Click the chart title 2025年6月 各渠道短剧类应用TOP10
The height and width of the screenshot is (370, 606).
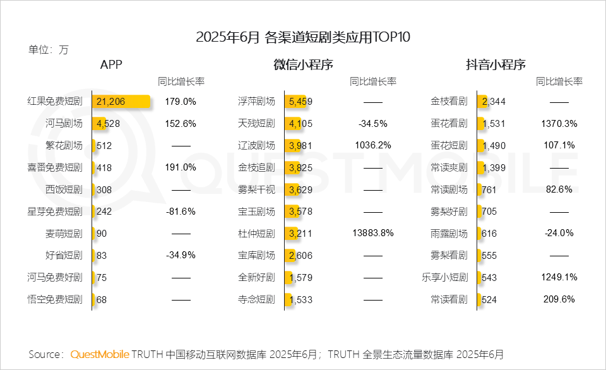click(x=303, y=37)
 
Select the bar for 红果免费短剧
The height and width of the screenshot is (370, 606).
click(x=122, y=102)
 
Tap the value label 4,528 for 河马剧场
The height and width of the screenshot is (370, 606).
click(x=108, y=124)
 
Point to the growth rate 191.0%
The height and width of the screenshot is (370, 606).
click(x=181, y=167)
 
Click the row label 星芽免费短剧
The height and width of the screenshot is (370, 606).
click(x=55, y=212)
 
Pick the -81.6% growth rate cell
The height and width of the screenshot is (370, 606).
click(x=181, y=212)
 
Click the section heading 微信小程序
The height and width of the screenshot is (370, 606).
click(x=303, y=64)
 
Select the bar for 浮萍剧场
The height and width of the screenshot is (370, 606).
click(x=298, y=102)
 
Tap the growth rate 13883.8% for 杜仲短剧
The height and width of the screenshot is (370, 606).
click(x=373, y=233)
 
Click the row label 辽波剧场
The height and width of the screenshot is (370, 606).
click(x=256, y=145)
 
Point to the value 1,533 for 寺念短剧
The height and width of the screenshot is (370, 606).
click(x=300, y=300)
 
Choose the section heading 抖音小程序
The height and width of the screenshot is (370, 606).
click(x=496, y=64)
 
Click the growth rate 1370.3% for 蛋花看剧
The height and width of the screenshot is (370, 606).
click(x=559, y=124)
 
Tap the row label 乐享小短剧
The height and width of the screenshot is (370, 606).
click(x=444, y=277)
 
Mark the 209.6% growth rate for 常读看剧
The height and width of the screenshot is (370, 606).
click(x=559, y=299)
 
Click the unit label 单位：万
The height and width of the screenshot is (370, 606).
click(x=49, y=49)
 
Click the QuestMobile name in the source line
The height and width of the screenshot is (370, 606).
click(x=100, y=354)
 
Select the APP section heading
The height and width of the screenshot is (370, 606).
click(x=111, y=64)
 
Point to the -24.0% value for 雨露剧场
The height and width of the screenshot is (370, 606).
click(x=559, y=233)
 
